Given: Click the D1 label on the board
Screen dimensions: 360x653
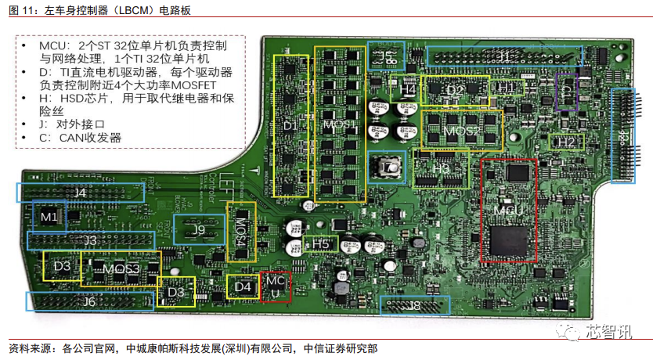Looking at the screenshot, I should point(290,125).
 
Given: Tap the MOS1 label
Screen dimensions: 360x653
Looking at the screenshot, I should point(340,125).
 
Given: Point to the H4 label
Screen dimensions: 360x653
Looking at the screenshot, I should point(407,89).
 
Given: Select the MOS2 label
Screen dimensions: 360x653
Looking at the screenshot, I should point(462,130).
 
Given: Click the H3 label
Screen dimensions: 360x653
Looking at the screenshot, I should point(441,167).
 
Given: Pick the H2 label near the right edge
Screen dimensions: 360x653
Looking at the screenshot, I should point(566,142).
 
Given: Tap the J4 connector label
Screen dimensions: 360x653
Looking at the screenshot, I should point(80,192).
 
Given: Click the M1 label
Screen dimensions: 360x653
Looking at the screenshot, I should point(49,215).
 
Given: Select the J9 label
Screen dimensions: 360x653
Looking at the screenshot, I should point(199,230).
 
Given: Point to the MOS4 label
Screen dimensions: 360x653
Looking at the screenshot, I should point(241,232).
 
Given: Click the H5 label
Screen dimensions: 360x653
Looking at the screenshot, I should point(321,244).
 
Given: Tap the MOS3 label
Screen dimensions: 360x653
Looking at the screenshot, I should point(121,269).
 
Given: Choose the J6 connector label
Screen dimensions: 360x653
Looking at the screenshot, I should point(90,302).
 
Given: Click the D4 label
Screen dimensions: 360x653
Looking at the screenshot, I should point(243,287).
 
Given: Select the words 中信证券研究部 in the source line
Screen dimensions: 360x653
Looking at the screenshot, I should point(345,348).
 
